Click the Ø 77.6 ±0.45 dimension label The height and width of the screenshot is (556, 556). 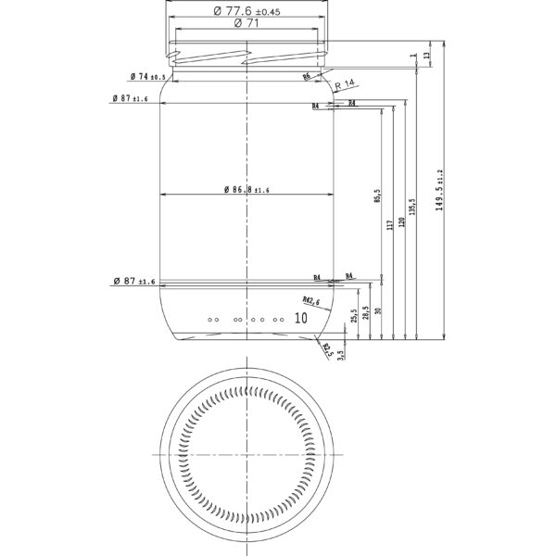click(x=246, y=11)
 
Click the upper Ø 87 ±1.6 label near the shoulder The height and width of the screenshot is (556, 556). click(x=129, y=97)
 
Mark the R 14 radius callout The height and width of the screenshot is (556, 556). click(x=345, y=84)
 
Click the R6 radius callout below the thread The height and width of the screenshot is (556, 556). click(x=307, y=79)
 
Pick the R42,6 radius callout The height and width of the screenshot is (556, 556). click(x=310, y=301)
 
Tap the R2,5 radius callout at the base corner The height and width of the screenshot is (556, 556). click(x=325, y=348)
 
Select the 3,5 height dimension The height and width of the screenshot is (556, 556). click(x=341, y=354)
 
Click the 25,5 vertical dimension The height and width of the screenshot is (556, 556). click(x=354, y=317)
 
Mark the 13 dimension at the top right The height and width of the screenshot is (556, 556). click(x=426, y=56)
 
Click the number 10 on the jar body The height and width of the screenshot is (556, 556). click(x=299, y=317)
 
